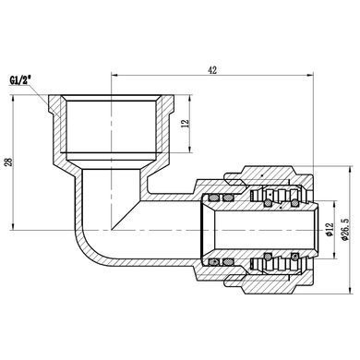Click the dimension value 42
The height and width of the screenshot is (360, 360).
212,70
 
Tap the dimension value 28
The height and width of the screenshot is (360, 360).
9,162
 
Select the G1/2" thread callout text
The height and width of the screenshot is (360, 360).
20,81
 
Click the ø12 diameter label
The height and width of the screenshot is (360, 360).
329,230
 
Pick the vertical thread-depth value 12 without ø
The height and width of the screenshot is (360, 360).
186,123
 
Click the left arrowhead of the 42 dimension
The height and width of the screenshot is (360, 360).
114,75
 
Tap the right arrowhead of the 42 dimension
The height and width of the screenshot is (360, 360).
309,75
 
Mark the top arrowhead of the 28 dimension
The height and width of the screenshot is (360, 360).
13,99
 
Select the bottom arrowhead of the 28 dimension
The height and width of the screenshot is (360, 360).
13,226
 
